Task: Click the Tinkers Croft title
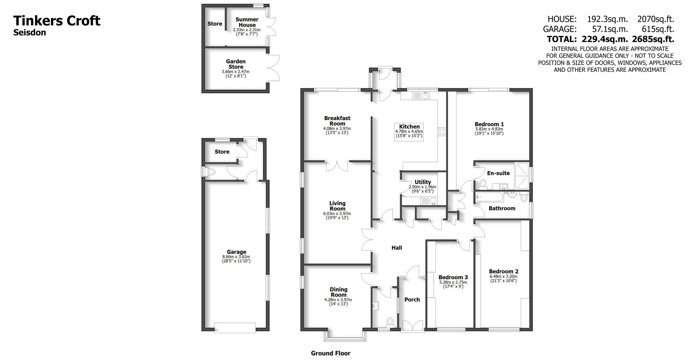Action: point(57,21)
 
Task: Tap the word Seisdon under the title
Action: point(29,33)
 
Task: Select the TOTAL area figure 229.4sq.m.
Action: point(605,39)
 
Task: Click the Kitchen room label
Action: point(409,126)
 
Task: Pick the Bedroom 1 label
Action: point(489,124)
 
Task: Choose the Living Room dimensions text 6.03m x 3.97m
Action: point(337,214)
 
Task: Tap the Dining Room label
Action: point(339,292)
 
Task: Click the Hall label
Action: point(397,248)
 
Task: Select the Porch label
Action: point(412,299)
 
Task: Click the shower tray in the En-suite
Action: point(521,176)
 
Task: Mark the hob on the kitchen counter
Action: point(442,132)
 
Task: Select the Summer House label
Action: point(247,22)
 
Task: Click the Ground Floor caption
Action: point(331,353)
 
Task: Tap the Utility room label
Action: point(423,182)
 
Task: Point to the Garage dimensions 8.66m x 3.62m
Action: point(236,257)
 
